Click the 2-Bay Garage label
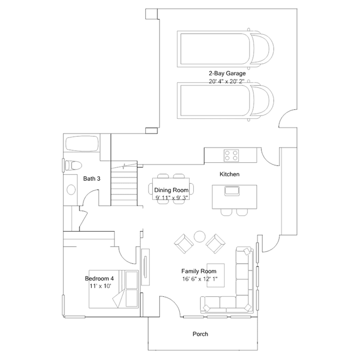(227, 73)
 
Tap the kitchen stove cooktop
(232, 155)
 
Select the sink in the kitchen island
(232, 191)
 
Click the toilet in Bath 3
(73, 165)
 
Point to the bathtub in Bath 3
(82, 144)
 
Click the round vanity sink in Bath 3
(71, 190)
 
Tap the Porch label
(201, 334)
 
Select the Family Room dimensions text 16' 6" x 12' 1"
(200, 279)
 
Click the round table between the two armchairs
(199, 237)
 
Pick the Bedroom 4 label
(99, 278)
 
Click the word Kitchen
(230, 174)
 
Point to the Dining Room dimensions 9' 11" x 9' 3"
(171, 197)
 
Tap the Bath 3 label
(92, 179)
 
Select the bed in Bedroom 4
(114, 289)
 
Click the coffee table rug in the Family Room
(216, 275)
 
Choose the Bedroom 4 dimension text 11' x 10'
(100, 286)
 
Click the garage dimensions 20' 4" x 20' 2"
(226, 81)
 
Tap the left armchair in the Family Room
(184, 243)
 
